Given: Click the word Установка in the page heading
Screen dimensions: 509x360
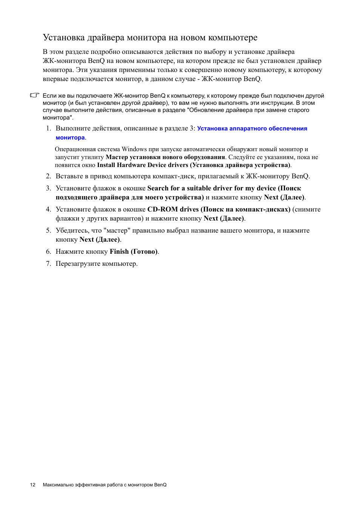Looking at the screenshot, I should pos(64,38).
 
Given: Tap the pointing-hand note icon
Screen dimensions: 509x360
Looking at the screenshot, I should pos(34,95).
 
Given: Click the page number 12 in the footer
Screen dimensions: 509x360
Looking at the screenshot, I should pos(33,485).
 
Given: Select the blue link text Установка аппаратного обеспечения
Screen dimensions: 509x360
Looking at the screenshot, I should pos(252,129).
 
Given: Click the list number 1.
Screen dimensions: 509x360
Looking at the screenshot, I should pos(48,129).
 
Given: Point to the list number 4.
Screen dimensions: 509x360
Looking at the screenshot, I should pos(48,209).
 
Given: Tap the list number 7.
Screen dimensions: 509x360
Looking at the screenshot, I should pos(48,264).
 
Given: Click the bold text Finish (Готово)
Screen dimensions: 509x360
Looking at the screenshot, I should pos(134,251).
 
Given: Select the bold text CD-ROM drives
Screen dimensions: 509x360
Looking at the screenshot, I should pos(173,209).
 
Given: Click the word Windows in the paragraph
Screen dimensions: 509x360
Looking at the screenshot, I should pos(134,149).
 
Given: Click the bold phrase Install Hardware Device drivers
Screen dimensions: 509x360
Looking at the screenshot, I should pos(143,165).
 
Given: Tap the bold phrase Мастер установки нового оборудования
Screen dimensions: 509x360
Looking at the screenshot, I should pos(165,157).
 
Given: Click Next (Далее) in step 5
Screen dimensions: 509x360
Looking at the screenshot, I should pos(100,239).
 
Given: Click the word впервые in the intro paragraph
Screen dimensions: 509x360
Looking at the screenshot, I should pos(55,79).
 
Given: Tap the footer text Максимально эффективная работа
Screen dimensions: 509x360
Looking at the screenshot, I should pos(83,485).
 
